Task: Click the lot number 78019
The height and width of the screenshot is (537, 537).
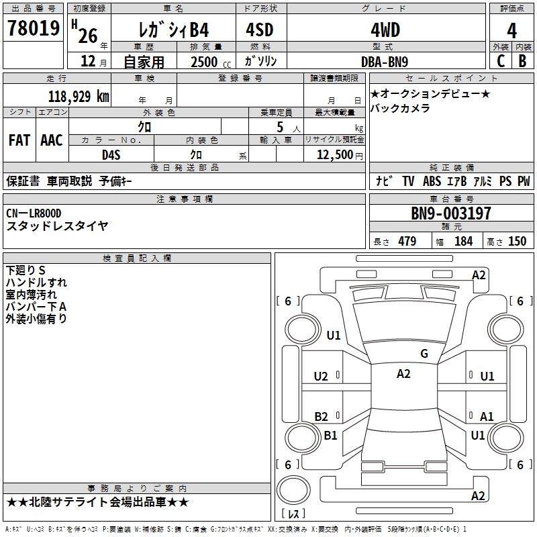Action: (x=34, y=28)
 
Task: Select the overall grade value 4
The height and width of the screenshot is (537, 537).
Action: (x=511, y=30)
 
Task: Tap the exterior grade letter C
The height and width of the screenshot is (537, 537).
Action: (x=501, y=61)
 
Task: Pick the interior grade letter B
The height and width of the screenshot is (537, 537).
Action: (x=522, y=61)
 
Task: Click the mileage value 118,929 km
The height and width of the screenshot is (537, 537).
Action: (x=79, y=96)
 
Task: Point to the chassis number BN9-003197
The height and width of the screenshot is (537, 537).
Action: (x=450, y=213)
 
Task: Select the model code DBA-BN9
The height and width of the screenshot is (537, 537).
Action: (x=385, y=62)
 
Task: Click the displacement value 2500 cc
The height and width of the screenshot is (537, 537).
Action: (x=211, y=62)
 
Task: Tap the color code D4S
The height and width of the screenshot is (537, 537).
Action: (x=111, y=155)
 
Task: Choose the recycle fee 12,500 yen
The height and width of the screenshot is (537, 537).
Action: (x=340, y=155)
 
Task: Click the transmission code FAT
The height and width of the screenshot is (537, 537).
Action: (x=19, y=140)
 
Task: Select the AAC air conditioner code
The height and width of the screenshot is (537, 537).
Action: (x=52, y=140)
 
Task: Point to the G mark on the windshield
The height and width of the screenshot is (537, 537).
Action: (x=424, y=353)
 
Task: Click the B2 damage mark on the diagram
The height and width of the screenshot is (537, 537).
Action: (x=321, y=416)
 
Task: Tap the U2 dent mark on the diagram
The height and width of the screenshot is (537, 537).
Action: (x=321, y=377)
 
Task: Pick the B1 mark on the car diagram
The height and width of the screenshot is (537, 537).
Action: (x=330, y=435)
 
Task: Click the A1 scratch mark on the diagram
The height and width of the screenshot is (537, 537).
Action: (x=487, y=416)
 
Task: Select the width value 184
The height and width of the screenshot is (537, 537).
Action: (x=463, y=241)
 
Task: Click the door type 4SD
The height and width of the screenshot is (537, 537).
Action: (x=260, y=30)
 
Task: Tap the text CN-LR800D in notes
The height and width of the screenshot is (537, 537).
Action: (x=34, y=213)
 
